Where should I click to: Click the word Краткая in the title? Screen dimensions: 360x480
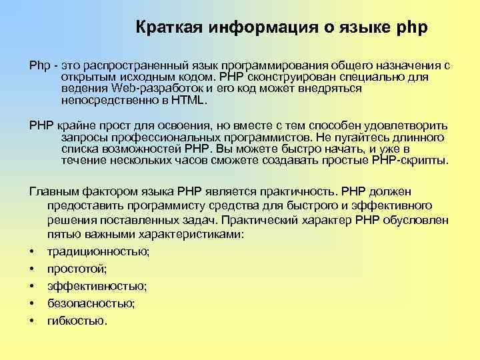[169, 29]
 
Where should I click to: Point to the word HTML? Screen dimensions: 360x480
[189, 102]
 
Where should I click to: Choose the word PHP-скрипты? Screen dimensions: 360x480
[411, 161]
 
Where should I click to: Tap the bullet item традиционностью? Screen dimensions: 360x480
[99, 251]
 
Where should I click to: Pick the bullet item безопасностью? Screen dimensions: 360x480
[91, 303]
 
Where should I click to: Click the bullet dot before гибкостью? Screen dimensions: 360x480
[32, 321]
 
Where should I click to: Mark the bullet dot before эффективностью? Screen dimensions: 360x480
[32, 286]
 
